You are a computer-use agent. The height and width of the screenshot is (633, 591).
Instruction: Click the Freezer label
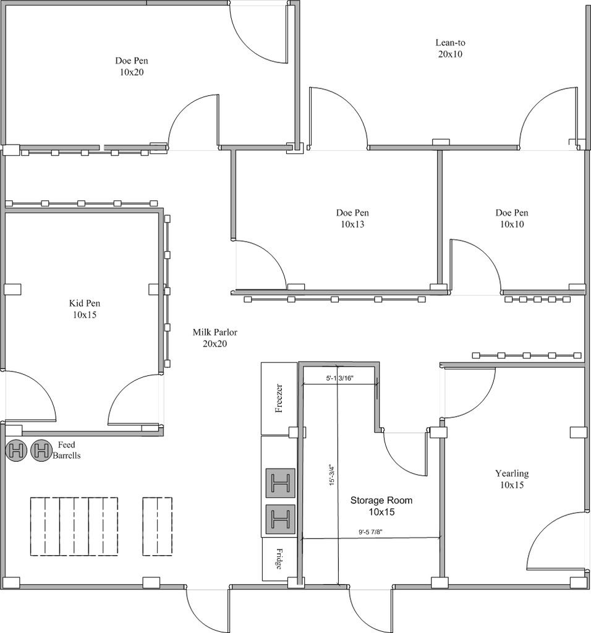pyautogui.click(x=279, y=398)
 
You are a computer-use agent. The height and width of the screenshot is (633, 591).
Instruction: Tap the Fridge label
pyautogui.click(x=279, y=559)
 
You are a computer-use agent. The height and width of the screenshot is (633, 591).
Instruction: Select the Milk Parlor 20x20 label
pyautogui.click(x=215, y=338)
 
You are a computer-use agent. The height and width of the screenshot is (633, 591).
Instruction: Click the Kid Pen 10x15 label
pyautogui.click(x=85, y=309)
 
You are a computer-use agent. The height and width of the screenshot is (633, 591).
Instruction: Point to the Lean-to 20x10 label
pyautogui.click(x=450, y=48)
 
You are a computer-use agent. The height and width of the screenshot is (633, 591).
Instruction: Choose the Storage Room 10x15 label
pyautogui.click(x=381, y=506)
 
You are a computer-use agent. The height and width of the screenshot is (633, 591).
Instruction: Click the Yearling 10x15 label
pyautogui.click(x=512, y=479)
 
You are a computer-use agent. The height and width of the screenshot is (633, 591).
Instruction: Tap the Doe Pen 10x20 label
pyautogui.click(x=132, y=66)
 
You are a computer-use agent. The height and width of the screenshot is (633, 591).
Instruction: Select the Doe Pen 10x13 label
pyautogui.click(x=352, y=218)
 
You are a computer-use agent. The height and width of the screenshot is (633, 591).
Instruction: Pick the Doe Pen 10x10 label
pyautogui.click(x=512, y=218)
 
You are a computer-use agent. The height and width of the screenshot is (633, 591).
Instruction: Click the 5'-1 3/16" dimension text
pyautogui.click(x=339, y=378)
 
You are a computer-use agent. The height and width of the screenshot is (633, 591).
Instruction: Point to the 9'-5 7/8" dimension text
pyautogui.click(x=370, y=532)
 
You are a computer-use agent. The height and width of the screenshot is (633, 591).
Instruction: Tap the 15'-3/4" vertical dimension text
pyautogui.click(x=332, y=474)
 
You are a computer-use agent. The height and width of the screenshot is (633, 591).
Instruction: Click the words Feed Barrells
pyautogui.click(x=67, y=450)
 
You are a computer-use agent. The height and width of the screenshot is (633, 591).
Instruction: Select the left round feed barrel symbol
pyautogui.click(x=16, y=450)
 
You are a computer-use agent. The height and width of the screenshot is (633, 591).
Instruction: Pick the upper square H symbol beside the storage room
pyautogui.click(x=280, y=483)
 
